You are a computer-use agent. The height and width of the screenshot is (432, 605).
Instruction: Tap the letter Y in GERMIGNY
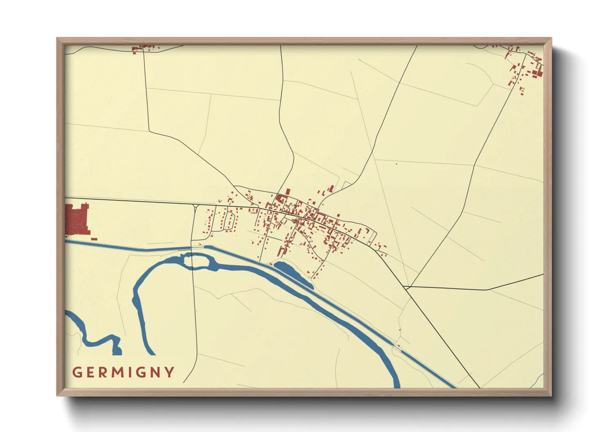coord(169,372)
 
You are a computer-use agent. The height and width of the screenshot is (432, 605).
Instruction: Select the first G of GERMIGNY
coord(76,372)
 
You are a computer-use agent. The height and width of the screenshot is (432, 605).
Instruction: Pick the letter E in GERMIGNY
coord(90,372)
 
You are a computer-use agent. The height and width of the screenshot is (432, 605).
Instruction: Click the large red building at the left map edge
coord(77,220)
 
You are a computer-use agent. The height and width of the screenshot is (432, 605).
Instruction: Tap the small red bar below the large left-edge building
coord(94,238)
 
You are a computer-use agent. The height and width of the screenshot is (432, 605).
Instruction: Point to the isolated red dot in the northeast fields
coord(396,164)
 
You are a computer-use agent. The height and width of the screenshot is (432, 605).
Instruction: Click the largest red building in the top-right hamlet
coord(537,73)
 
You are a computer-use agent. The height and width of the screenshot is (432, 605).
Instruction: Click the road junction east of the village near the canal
coord(406,287)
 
